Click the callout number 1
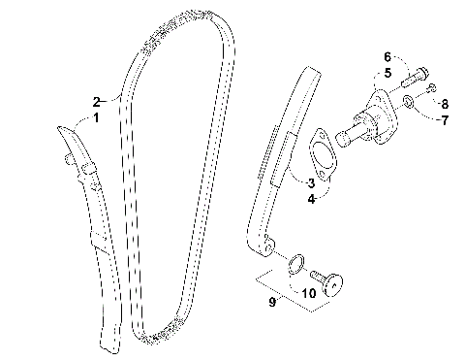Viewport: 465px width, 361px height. (96, 117)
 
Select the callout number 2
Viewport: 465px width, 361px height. (96, 101)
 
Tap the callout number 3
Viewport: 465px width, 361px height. (310, 181)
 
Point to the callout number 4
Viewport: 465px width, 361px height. (310, 199)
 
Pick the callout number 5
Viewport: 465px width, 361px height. (386, 72)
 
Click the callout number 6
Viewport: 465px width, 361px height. (386, 56)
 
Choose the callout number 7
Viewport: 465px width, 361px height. (445, 119)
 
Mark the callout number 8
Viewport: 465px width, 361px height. (445, 103)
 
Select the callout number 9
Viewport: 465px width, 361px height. (272, 303)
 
